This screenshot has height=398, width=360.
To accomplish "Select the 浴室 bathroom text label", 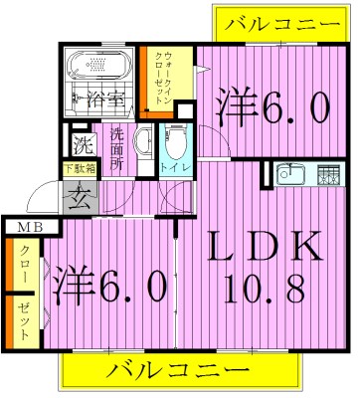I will pyautogui.click(x=104, y=99).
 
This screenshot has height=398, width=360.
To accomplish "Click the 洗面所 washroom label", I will pyautogui.click(x=117, y=150).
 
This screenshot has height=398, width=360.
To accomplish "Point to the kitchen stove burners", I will pyautogui.click(x=326, y=176).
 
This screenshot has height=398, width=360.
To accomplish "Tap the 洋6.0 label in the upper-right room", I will pyautogui.click(x=270, y=106).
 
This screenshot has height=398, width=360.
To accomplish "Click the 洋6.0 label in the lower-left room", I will pyautogui.click(x=109, y=288).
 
